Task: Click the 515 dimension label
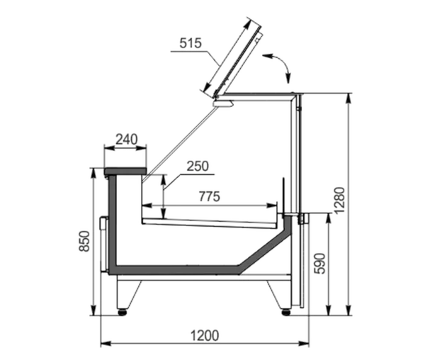point(191,43)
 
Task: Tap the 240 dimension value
point(127,140)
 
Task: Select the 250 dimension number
point(198,166)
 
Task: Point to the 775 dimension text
point(210,196)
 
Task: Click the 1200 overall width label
point(205,336)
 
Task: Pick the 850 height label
point(84,241)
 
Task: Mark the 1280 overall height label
point(339,201)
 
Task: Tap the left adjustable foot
point(123,312)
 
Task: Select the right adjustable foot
point(286,312)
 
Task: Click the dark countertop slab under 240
point(125,171)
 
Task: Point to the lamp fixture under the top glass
point(223,103)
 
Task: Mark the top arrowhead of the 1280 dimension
point(348,98)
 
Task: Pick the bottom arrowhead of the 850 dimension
point(93,310)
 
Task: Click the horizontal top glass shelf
point(259,94)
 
